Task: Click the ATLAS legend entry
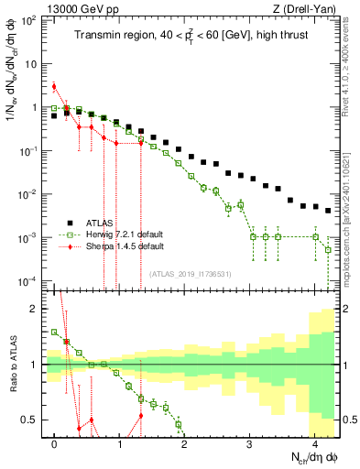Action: (x=98, y=223)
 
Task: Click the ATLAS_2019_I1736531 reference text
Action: (x=191, y=274)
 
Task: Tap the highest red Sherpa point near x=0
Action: (x=54, y=87)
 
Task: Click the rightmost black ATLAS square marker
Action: (x=328, y=210)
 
